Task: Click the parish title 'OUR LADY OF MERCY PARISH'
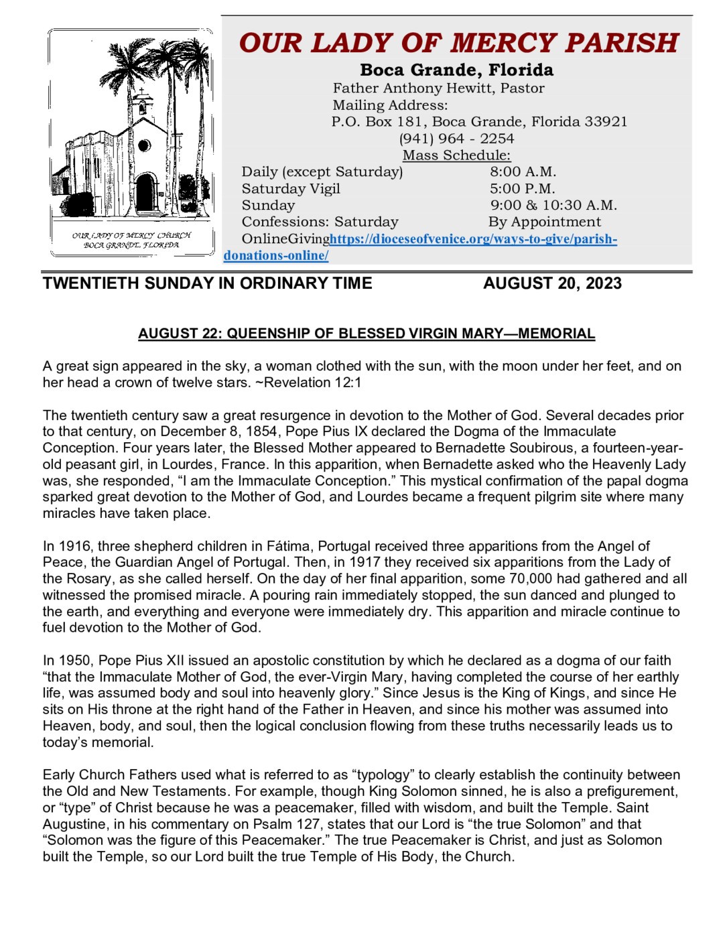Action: (458, 43)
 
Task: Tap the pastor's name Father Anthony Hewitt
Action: (438, 88)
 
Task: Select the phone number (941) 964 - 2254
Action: (456, 139)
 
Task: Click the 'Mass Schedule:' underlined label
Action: (456, 155)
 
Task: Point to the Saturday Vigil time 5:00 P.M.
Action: (522, 189)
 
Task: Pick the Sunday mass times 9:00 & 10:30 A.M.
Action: (553, 206)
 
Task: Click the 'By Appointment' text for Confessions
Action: (544, 222)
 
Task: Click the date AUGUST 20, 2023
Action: (552, 283)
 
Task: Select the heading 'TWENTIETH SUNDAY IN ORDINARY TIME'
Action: (207, 283)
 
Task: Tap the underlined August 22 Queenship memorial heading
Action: (366, 334)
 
